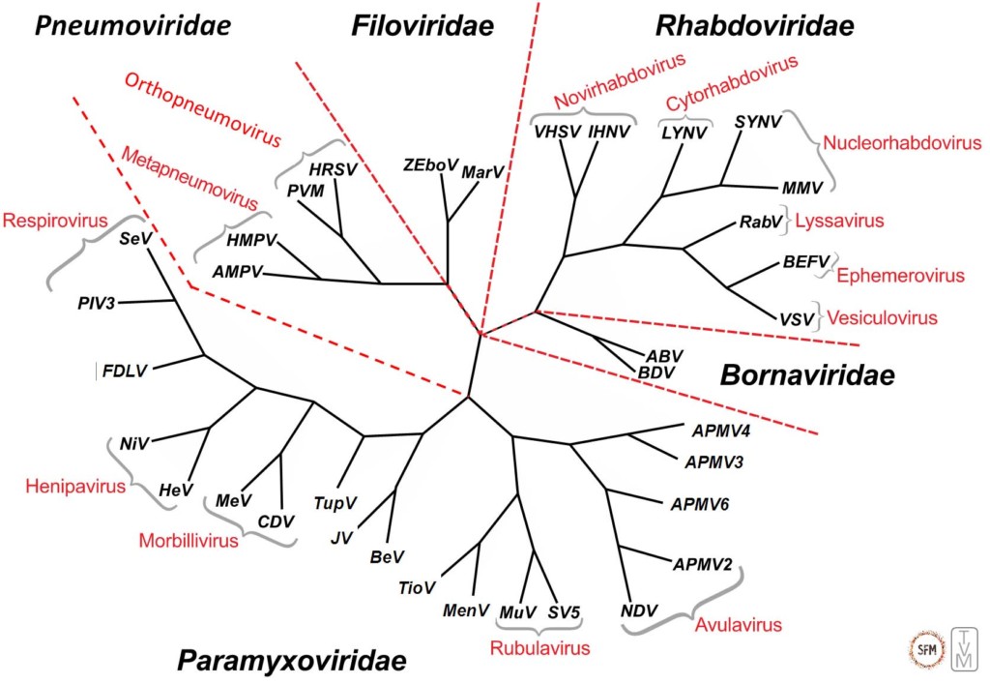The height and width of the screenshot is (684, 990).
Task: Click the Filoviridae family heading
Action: [x=422, y=27]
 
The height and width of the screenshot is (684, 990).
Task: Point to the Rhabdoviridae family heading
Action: [x=754, y=27]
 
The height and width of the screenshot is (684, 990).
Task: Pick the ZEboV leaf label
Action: [x=430, y=165]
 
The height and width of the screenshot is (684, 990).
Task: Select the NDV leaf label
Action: [x=639, y=610]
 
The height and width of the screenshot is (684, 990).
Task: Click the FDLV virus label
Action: [x=125, y=372]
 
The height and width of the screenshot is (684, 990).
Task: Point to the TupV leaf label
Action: [x=335, y=503]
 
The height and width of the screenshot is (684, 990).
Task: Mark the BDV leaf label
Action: [x=655, y=372]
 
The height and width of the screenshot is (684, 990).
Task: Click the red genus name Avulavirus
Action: [x=738, y=625]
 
